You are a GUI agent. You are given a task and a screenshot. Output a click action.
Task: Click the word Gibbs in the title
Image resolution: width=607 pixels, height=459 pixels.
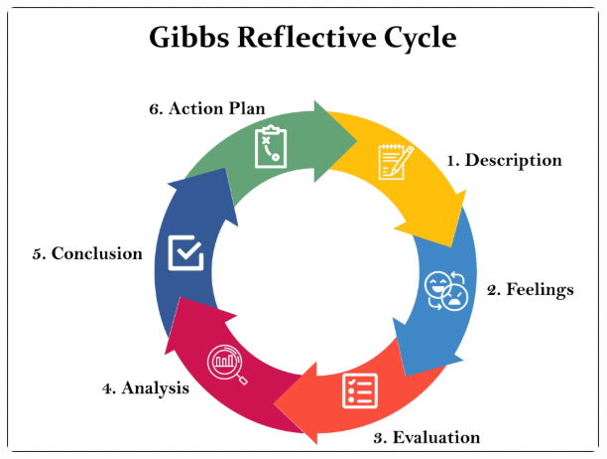coord(190,39)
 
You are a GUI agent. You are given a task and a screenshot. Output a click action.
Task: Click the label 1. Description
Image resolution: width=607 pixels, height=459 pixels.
coord(503,160)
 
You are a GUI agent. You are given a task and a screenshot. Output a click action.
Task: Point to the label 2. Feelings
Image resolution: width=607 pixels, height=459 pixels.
coord(530,290)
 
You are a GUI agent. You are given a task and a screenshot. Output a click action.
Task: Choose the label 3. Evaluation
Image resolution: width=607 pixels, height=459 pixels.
coord(426,437)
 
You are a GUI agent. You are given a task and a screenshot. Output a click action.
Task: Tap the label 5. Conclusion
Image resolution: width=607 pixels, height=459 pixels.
coord(87,253)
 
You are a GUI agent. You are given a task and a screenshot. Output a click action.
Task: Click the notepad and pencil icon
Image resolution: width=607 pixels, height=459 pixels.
coord(395,162)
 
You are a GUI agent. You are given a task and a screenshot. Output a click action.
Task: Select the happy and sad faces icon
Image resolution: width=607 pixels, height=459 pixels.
coord(445,289)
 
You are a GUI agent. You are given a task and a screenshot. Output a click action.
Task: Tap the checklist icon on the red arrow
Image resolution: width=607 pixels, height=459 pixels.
coord(358,389)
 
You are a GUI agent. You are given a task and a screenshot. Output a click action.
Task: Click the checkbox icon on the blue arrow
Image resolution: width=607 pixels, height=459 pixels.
coord(186,251)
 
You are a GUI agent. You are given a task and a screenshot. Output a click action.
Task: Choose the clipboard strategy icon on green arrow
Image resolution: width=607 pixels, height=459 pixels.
coord(271,147)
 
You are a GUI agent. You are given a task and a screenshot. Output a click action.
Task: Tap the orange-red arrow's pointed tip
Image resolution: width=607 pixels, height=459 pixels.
coord(276,405)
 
